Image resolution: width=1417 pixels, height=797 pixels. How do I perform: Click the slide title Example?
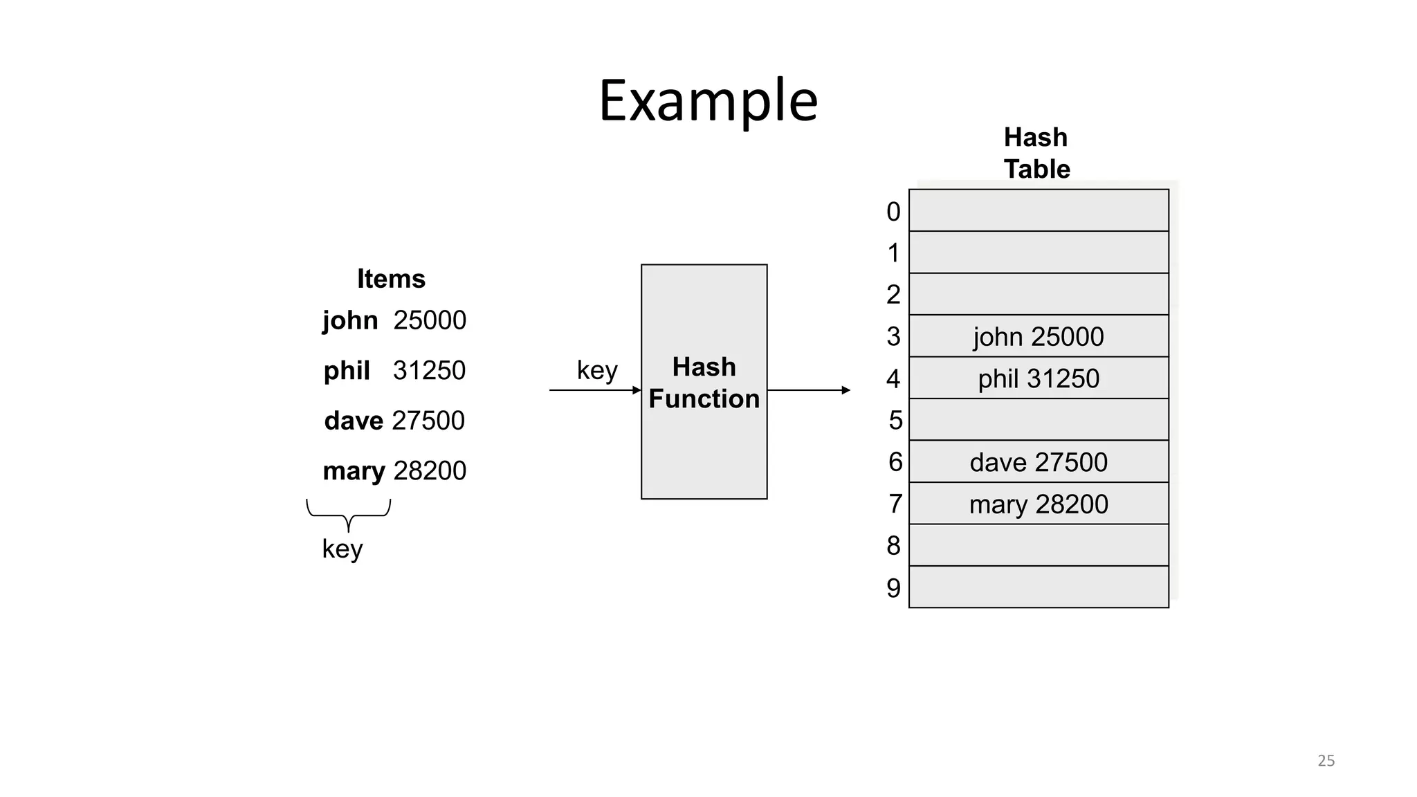pyautogui.click(x=708, y=101)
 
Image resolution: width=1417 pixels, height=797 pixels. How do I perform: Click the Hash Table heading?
pyautogui.click(x=1036, y=153)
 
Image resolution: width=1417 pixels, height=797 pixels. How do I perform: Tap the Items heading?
pyautogui.click(x=391, y=279)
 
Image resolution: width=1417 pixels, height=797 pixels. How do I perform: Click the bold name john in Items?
pyautogui.click(x=350, y=321)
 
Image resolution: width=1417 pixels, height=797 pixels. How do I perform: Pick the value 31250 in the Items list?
pyautogui.click(x=429, y=371)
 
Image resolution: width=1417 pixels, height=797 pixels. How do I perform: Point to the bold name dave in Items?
pyautogui.click(x=354, y=421)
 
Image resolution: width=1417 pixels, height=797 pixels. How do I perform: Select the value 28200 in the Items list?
pyautogui.click(x=430, y=471)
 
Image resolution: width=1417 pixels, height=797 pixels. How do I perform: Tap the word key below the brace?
pyautogui.click(x=342, y=549)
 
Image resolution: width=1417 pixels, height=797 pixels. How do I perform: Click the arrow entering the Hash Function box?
pyautogui.click(x=595, y=390)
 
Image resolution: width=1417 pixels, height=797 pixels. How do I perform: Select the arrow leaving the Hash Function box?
pyautogui.click(x=808, y=390)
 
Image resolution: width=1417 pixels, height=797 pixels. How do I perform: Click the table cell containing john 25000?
pyautogui.click(x=1038, y=337)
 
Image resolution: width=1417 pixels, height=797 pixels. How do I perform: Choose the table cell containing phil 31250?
pyautogui.click(x=1038, y=378)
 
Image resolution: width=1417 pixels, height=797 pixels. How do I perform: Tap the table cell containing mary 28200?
pyautogui.click(x=1038, y=504)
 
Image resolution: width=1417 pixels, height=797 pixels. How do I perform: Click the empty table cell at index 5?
pyautogui.click(x=1038, y=420)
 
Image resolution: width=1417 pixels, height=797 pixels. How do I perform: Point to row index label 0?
pyautogui.click(x=893, y=212)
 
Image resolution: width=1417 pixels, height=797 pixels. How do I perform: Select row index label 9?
pyautogui.click(x=893, y=588)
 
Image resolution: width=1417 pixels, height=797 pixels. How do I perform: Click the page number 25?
pyautogui.click(x=1326, y=760)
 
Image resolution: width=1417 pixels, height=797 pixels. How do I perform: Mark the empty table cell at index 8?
pyautogui.click(x=1038, y=546)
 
